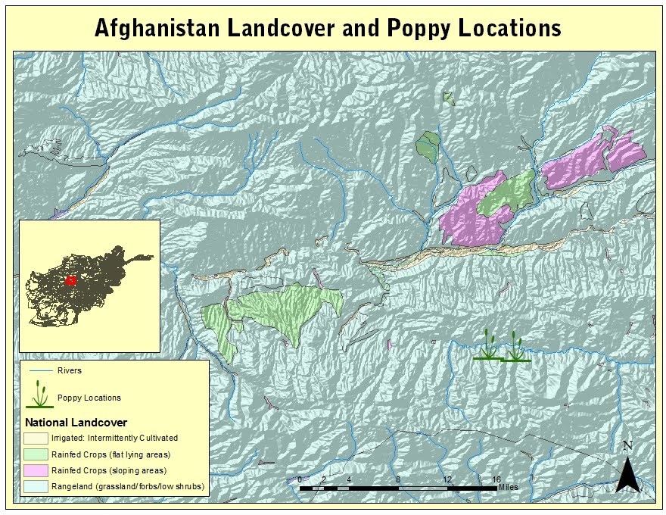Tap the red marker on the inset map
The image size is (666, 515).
(71, 280)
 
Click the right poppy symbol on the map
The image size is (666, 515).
(515, 348)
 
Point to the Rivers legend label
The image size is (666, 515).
(69, 371)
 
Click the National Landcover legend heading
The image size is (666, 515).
(76, 422)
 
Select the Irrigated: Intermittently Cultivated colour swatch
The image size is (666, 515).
(36, 438)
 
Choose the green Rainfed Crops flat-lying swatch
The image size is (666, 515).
(36, 454)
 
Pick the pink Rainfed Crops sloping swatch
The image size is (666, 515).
(36, 470)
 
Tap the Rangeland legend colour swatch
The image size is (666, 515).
(36, 486)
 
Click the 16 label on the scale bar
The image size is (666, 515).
(496, 479)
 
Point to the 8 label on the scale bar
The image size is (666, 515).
(398, 479)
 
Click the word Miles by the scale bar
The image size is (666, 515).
(509, 487)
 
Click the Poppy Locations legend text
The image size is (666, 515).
(89, 398)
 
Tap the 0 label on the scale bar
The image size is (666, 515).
(300, 479)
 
